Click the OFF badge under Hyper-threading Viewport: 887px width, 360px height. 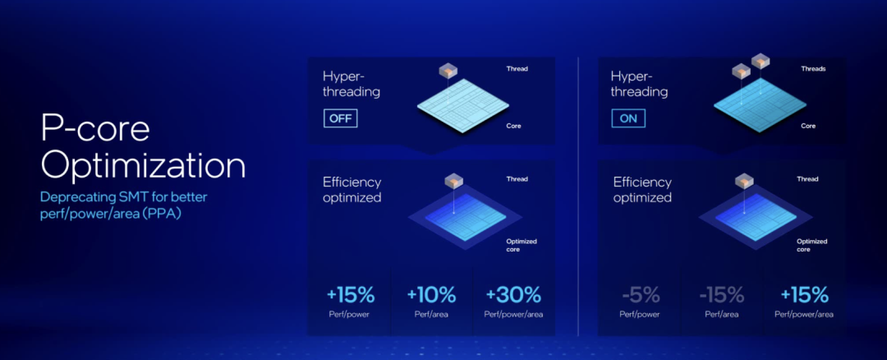pyautogui.click(x=341, y=119)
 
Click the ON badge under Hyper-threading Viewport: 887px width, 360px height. pyautogui.click(x=628, y=119)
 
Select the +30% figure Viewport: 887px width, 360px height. pyautogui.click(x=513, y=295)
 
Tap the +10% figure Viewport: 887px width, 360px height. pyautogui.click(x=431, y=295)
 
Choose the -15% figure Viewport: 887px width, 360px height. pyautogui.click(x=721, y=295)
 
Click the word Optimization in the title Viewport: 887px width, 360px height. pyautogui.click(x=143, y=168)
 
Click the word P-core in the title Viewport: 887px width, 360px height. pyautogui.click(x=95, y=129)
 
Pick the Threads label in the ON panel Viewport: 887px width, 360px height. pyautogui.click(x=813, y=69)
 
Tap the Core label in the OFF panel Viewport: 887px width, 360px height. pyautogui.click(x=513, y=126)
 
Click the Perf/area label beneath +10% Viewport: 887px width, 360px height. pyautogui.click(x=432, y=315)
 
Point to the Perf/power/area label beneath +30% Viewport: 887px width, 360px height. pyautogui.click(x=513, y=315)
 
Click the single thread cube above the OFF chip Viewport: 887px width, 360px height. pyautogui.click(x=448, y=72)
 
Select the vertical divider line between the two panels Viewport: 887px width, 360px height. pyautogui.click(x=577, y=196)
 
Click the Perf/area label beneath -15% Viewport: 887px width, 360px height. pyautogui.click(x=721, y=315)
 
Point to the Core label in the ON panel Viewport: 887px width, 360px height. pyautogui.click(x=808, y=126)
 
